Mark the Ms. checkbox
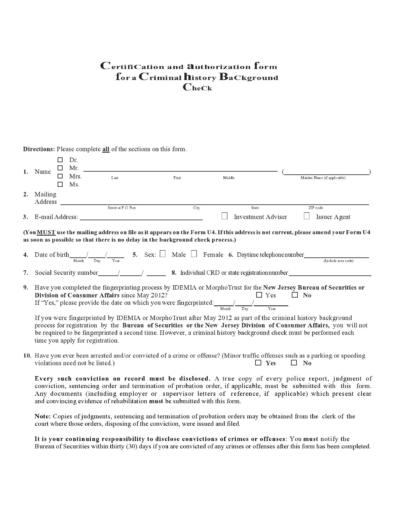pos(59,185)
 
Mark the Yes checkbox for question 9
pos(259,295)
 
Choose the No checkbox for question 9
pos(295,295)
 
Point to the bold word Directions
pos(39,148)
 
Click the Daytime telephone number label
pos(269,254)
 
